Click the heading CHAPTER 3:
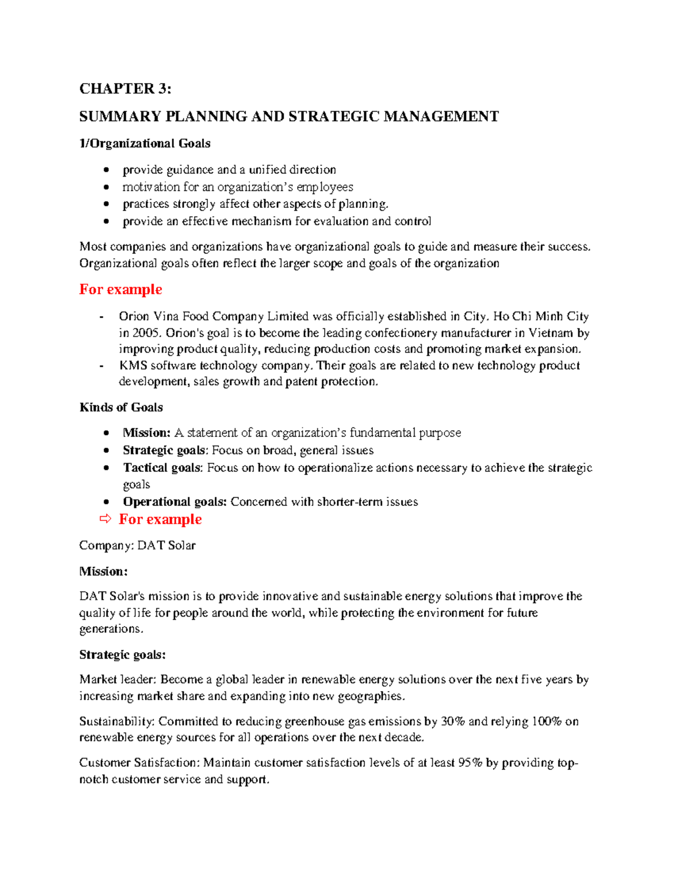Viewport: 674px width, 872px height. pos(125,89)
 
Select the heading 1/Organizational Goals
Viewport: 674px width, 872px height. pos(144,144)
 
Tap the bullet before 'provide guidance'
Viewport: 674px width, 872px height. pos(106,170)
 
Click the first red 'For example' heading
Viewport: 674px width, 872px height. pos(120,290)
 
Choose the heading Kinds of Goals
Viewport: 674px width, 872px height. pos(121,408)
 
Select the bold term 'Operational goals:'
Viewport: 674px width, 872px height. pos(175,502)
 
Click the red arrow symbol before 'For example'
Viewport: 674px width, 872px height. pos(106,519)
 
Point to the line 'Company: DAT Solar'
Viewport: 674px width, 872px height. pos(137,546)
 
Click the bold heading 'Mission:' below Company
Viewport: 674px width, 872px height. pos(103,572)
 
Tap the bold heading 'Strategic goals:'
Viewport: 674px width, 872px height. pos(122,655)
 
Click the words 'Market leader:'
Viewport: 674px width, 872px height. pos(118,680)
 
